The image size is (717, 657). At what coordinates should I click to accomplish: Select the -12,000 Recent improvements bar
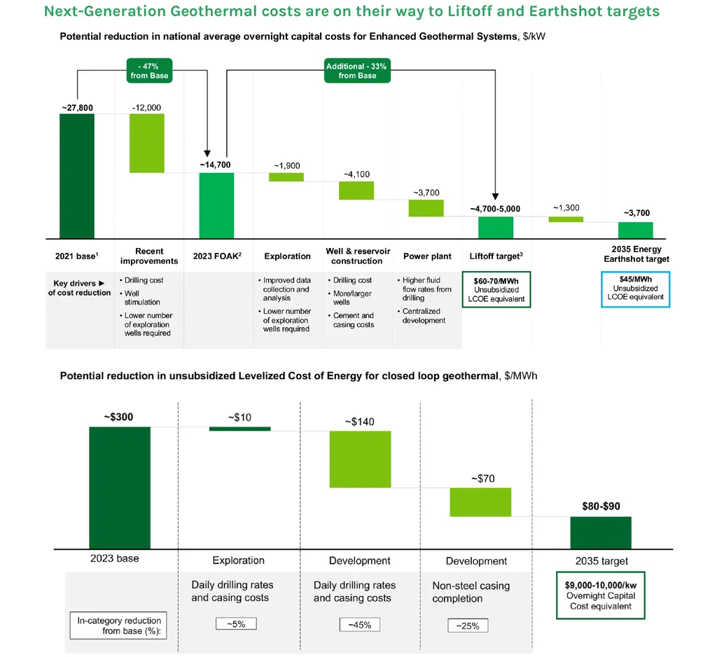pos(147,143)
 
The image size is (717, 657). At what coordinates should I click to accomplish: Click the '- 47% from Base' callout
pos(148,71)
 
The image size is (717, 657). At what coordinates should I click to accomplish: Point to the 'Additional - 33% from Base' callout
pos(356,71)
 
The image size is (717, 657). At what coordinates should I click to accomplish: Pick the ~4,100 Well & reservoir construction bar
pos(356,191)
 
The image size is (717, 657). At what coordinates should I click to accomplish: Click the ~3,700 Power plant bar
pos(426,208)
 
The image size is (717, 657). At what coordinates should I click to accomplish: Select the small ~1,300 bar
pos(566,219)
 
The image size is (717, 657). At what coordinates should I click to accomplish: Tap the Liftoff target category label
pos(495,256)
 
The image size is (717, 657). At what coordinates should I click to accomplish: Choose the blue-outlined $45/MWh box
pos(636,289)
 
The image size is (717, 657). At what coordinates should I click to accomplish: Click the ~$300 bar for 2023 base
pos(120,487)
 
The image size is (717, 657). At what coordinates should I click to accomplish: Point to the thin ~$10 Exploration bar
pos(239,429)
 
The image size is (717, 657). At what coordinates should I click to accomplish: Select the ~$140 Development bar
pos(360,459)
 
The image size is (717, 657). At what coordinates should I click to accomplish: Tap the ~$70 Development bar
pos(480,502)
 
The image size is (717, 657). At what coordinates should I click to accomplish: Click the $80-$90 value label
pos(601,506)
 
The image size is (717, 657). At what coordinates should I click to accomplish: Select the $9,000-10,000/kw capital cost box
pos(600,597)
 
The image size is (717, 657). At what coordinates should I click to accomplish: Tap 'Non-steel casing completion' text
pos(471,592)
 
